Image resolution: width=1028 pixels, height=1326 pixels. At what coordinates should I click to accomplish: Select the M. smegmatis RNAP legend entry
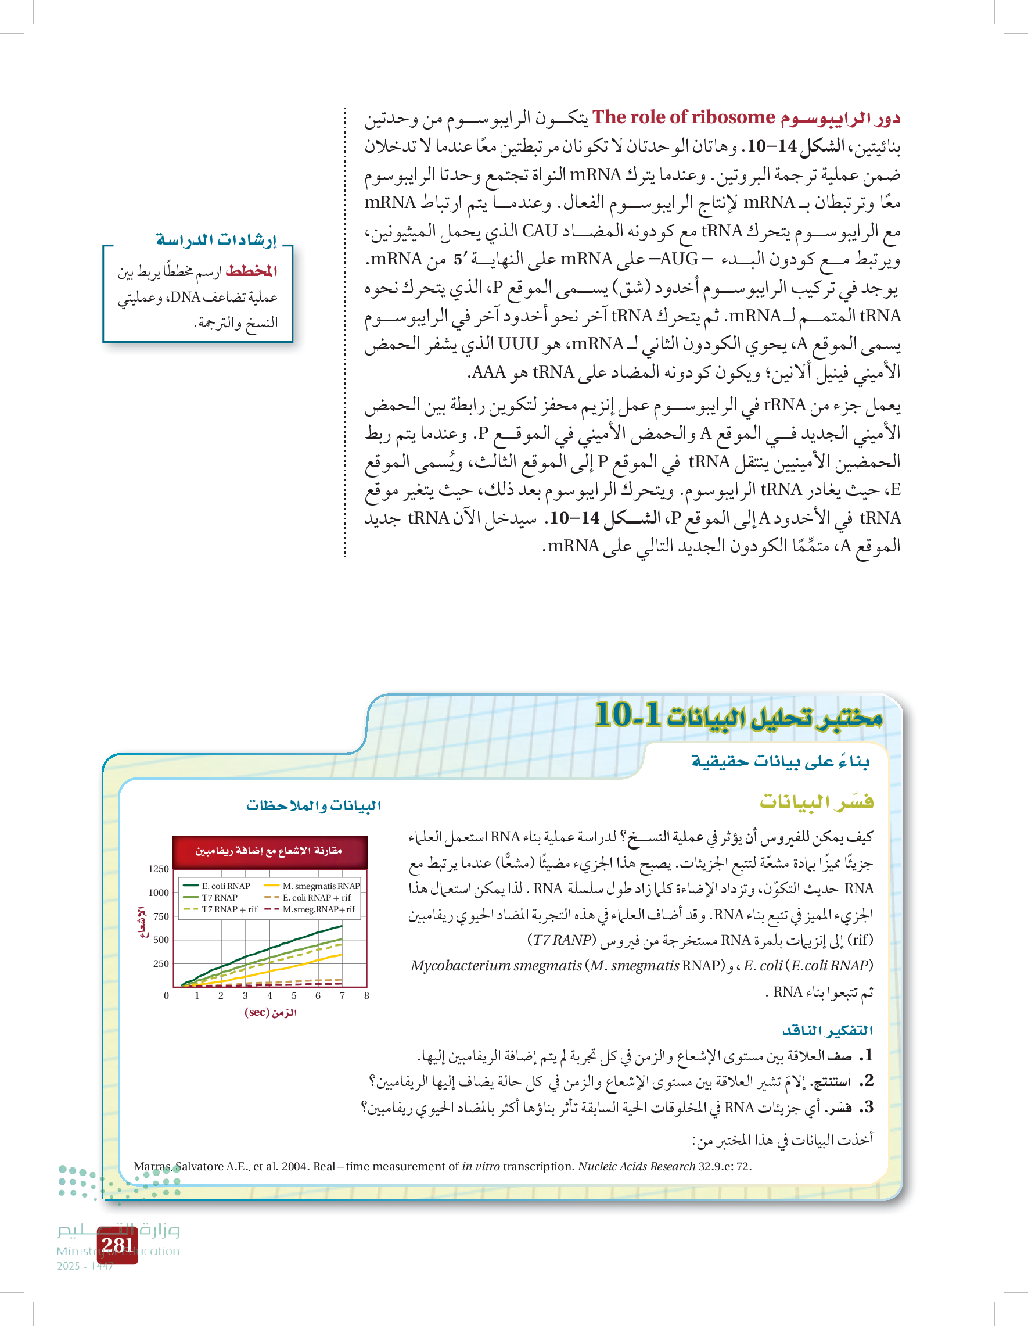tap(321, 887)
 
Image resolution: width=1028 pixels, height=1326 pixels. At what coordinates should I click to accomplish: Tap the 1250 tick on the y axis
tap(159, 869)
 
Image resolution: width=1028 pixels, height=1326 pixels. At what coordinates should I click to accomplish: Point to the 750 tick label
tap(161, 916)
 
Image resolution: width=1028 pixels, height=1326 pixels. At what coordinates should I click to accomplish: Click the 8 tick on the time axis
tap(366, 996)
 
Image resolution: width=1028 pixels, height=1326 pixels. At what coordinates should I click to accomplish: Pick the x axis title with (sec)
tap(271, 1012)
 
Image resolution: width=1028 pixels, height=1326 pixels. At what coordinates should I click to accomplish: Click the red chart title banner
tap(269, 851)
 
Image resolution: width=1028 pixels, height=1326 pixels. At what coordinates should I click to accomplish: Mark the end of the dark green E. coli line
tap(342, 926)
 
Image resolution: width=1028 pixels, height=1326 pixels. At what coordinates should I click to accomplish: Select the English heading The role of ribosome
tap(684, 117)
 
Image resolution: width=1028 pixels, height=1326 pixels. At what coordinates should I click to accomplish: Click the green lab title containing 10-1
tap(738, 715)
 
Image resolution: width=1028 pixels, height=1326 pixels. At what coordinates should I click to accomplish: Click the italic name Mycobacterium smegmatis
tap(496, 965)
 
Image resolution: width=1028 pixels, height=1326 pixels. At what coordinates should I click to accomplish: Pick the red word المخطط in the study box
tap(251, 271)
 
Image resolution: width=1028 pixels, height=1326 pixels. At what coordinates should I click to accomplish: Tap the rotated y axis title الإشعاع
tap(142, 922)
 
